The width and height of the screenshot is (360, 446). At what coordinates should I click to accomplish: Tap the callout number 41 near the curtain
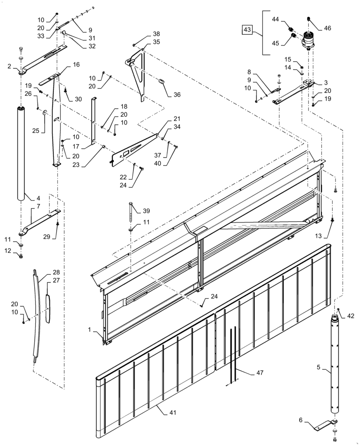[x=172, y=413]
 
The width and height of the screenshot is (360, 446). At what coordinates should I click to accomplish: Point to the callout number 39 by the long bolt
[x=147, y=211]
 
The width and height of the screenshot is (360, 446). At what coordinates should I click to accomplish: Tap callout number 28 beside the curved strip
[x=56, y=272]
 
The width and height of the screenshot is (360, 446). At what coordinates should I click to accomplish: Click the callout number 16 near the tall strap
[x=76, y=64]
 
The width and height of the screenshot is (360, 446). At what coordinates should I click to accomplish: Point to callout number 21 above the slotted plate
[x=177, y=119]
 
